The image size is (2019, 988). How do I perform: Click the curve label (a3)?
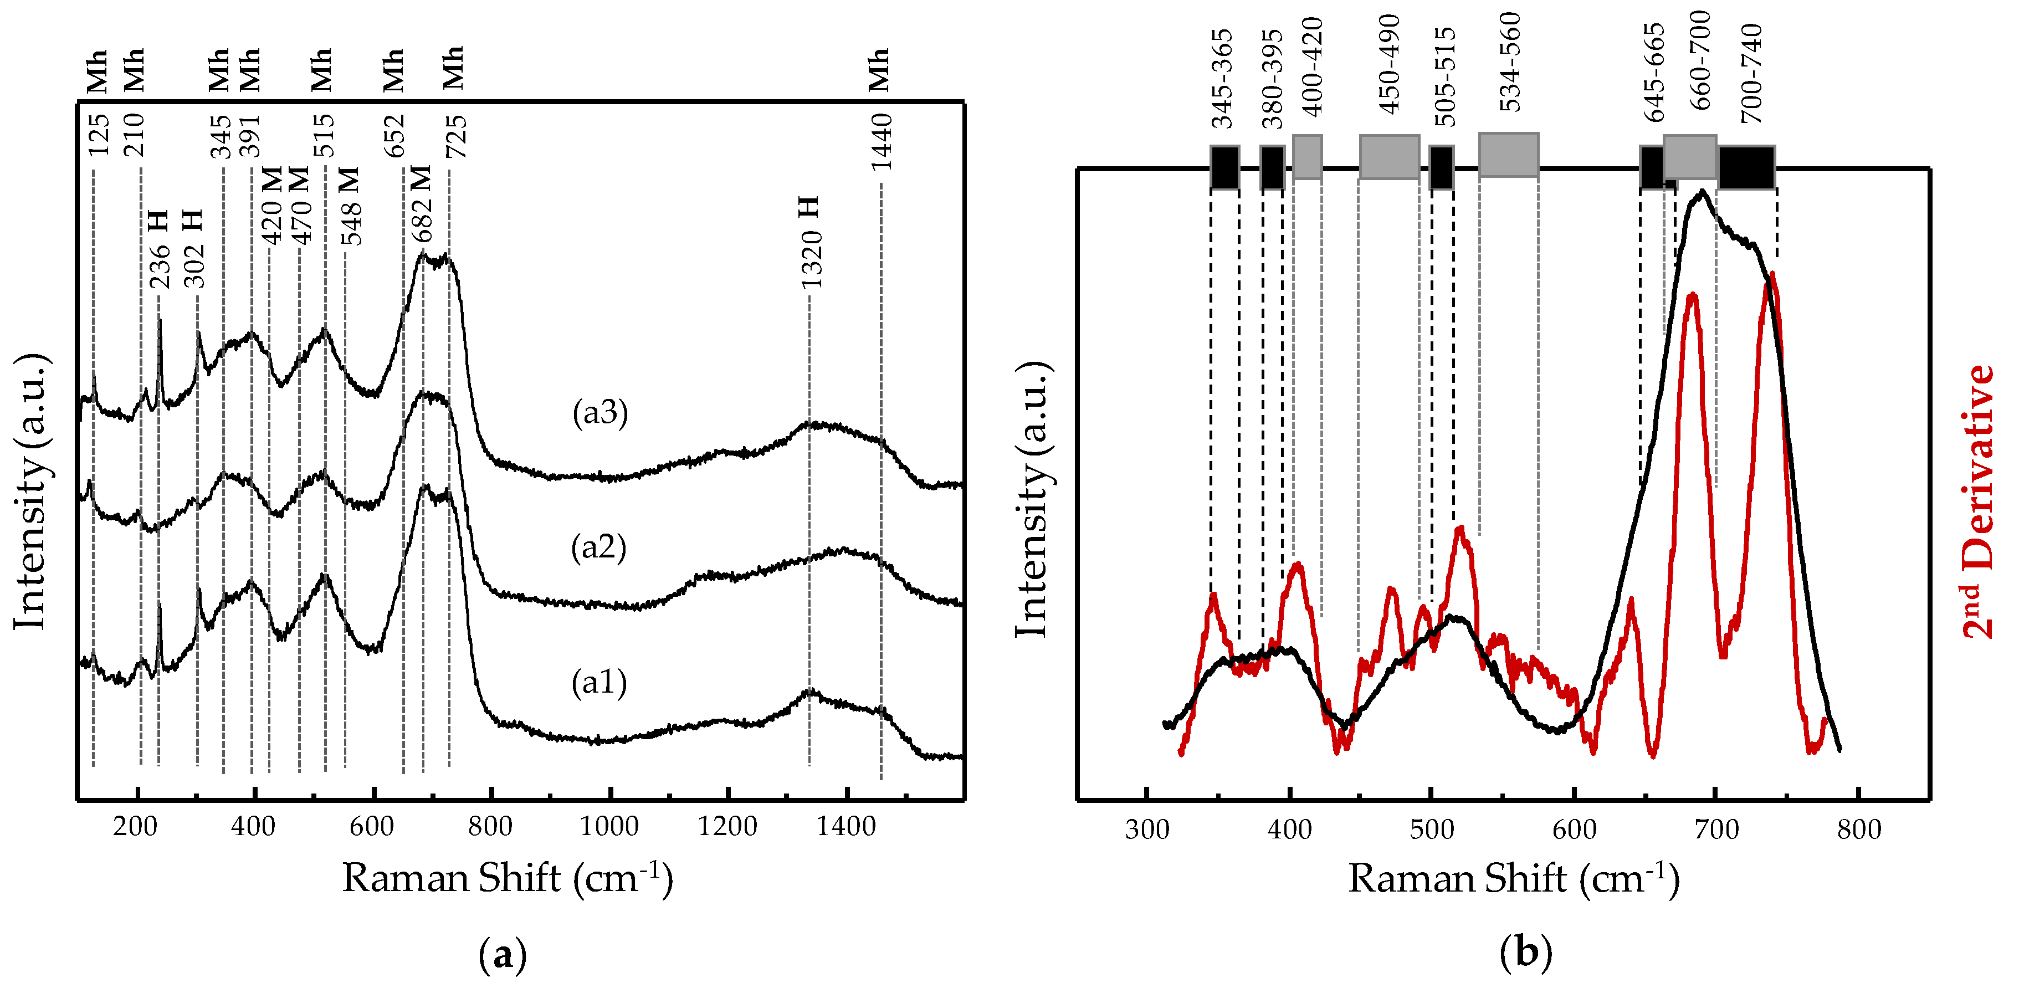coord(599,412)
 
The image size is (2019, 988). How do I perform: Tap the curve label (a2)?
coord(598,547)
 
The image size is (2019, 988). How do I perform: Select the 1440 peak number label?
coord(881,142)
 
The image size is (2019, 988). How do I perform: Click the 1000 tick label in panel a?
coord(609,826)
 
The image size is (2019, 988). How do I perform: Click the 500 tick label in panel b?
coord(1431,830)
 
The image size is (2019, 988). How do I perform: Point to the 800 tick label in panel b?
coord(1858,830)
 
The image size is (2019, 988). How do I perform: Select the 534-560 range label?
coord(1509,63)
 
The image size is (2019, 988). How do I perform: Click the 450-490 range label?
coord(1389,64)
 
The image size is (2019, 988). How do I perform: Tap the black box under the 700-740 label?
coord(1746,167)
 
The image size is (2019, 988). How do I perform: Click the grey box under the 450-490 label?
coord(1389,157)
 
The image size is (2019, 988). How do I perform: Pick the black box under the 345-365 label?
coord(1224,167)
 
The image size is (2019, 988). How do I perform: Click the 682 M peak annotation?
coord(421,204)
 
